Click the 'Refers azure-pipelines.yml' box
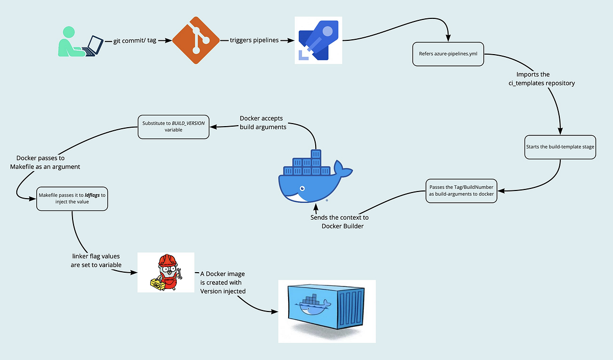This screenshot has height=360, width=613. coord(448,53)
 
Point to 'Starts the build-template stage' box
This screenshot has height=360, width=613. coord(560,147)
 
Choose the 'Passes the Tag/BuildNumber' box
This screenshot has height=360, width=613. coord(461,191)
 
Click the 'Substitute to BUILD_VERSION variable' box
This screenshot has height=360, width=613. coord(174,126)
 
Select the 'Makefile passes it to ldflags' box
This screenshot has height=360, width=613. coord(72,198)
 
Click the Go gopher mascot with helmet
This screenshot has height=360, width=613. coord(167,272)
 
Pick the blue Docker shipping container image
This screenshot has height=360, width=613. coord(326,311)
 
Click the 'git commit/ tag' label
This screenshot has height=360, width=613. coord(135,40)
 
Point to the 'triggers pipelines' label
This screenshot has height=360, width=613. coord(254,40)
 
